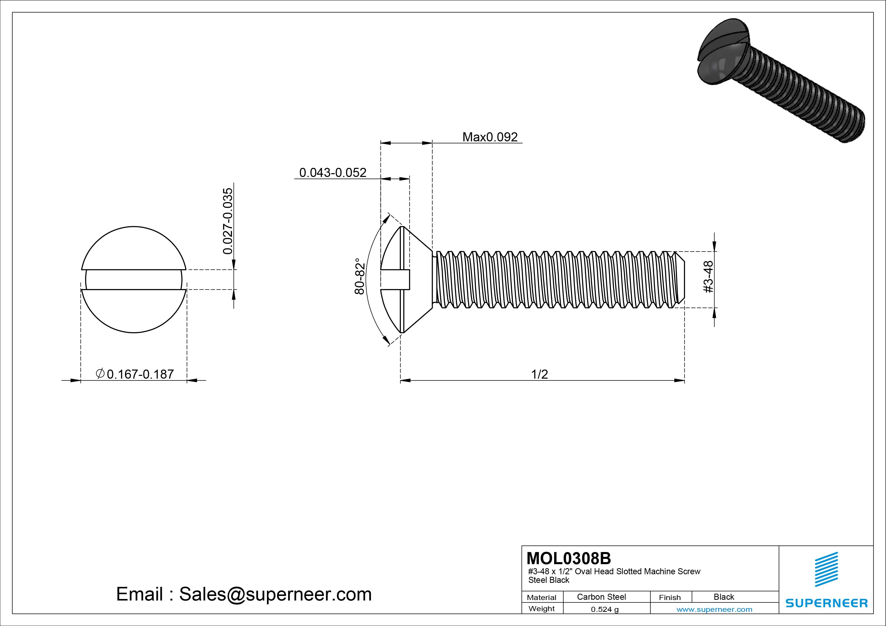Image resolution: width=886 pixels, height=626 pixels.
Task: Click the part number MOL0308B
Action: pyautogui.click(x=569, y=558)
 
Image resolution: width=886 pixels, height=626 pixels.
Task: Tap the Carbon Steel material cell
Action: pyautogui.click(x=601, y=597)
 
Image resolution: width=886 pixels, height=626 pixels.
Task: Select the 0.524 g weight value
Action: pyautogui.click(x=605, y=609)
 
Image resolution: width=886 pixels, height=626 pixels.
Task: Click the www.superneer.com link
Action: pyautogui.click(x=714, y=609)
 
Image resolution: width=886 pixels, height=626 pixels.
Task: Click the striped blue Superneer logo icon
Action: pyautogui.click(x=826, y=569)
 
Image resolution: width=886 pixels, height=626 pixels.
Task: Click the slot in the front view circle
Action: pyautogui.click(x=134, y=280)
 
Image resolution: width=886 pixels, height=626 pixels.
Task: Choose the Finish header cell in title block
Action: pyautogui.click(x=670, y=597)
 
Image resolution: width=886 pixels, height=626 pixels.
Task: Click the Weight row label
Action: pyautogui.click(x=542, y=609)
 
